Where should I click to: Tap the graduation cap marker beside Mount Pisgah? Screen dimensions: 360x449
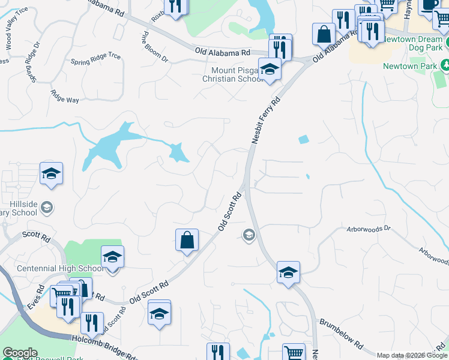click(x=270, y=70)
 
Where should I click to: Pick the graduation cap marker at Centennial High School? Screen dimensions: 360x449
click(x=112, y=257)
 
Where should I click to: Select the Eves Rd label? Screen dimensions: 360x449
click(x=35, y=298)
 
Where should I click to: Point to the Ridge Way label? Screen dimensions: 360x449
click(x=65, y=96)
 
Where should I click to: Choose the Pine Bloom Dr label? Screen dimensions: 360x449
click(x=155, y=47)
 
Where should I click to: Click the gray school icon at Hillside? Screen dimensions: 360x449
click(x=46, y=208)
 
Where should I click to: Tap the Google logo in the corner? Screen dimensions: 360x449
click(x=20, y=353)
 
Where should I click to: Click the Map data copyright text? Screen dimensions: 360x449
click(x=412, y=355)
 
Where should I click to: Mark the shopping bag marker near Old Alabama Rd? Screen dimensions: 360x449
click(x=324, y=34)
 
